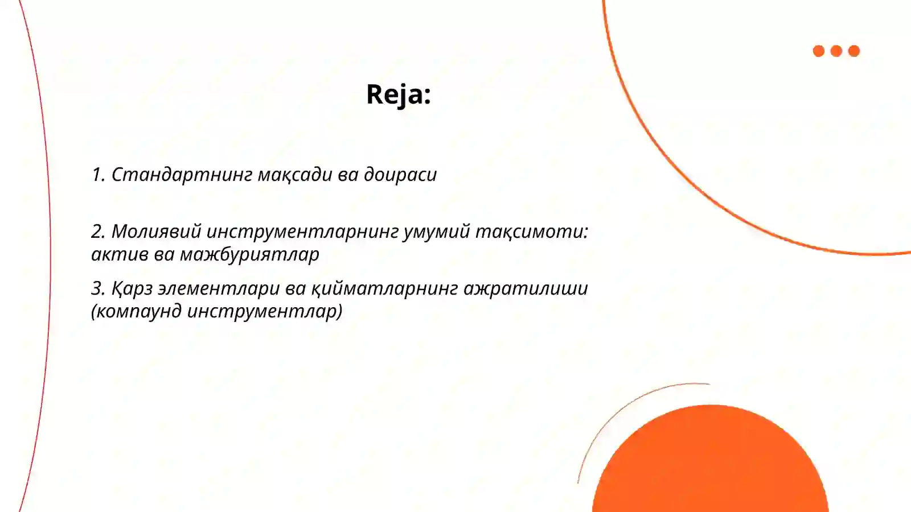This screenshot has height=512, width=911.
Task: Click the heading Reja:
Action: click(x=398, y=94)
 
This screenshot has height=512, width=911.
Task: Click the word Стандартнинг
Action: click(x=182, y=175)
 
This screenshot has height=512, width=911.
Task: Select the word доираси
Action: click(x=400, y=175)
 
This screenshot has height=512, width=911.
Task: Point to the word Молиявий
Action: click(x=156, y=232)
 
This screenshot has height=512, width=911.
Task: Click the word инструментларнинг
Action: click(x=302, y=232)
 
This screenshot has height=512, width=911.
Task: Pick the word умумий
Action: click(x=436, y=232)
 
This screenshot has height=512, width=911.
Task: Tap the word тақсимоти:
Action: click(x=531, y=232)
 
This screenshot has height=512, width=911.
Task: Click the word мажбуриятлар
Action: click(x=249, y=254)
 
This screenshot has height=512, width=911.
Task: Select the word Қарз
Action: click(x=132, y=288)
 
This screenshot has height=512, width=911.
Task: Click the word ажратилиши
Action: click(x=526, y=288)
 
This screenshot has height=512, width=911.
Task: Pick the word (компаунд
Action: click(x=136, y=311)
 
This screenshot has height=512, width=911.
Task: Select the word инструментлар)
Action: click(x=265, y=311)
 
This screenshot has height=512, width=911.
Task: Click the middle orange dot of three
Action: click(x=836, y=51)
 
